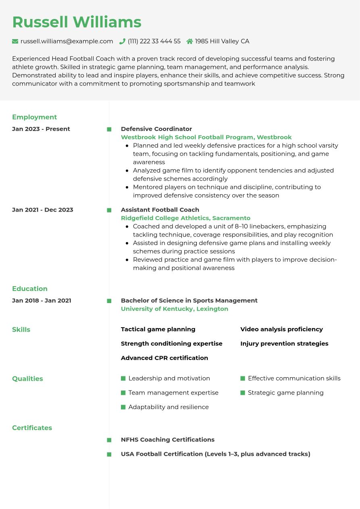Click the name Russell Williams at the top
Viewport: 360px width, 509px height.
[77, 22]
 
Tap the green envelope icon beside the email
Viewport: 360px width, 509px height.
[15, 41]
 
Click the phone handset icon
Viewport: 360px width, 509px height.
[122, 41]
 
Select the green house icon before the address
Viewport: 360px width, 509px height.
[189, 41]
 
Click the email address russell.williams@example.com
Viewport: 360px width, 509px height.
[67, 41]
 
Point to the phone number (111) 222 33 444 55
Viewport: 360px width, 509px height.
[154, 41]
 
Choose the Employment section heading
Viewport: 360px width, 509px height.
[34, 117]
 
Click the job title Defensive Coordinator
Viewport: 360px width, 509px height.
[156, 129]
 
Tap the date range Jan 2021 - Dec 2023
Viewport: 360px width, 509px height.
[43, 210]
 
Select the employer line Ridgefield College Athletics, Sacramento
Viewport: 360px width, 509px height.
[185, 218]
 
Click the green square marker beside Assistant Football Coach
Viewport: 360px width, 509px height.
[109, 210]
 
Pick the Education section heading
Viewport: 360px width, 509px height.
[30, 289]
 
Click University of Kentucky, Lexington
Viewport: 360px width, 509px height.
[175, 309]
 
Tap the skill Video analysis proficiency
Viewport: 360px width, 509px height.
[281, 329]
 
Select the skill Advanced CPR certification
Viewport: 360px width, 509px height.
[164, 358]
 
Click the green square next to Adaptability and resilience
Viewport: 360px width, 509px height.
[123, 407]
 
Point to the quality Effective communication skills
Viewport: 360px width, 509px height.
[294, 378]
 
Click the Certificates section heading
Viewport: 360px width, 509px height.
[32, 428]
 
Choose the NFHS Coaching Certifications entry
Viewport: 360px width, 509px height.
[168, 440]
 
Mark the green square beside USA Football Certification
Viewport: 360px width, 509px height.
[109, 454]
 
